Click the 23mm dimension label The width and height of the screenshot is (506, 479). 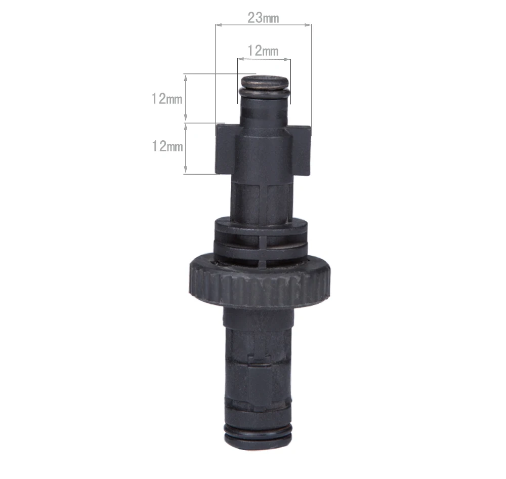pos(263,18)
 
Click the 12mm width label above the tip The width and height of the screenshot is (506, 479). pos(263,51)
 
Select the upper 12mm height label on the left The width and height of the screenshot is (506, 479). pos(167,99)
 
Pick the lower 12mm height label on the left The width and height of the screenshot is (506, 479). pos(167,146)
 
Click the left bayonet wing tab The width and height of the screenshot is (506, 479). pos(225,149)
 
